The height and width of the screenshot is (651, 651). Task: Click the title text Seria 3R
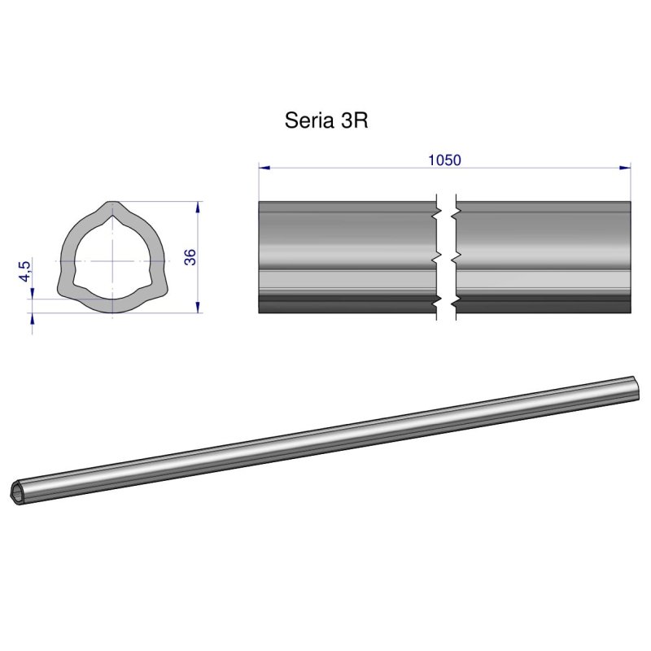(x=327, y=120)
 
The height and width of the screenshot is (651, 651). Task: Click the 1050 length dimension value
(x=444, y=160)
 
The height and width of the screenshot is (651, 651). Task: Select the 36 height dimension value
(x=190, y=256)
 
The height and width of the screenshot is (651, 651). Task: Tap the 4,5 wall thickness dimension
(x=26, y=270)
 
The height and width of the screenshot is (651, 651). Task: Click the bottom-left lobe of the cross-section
(x=65, y=289)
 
